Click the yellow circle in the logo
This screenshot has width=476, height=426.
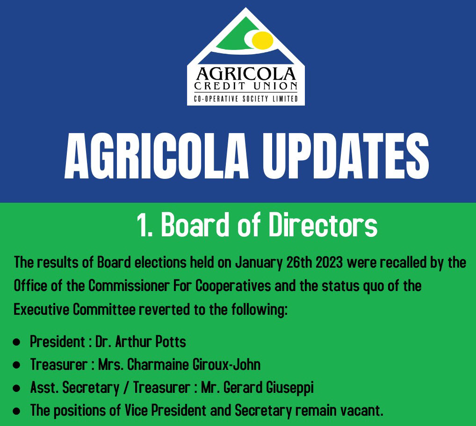coord(263,40)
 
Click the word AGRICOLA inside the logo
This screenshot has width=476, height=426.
coord(245,74)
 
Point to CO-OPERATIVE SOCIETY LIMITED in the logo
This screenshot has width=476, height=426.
coord(246,99)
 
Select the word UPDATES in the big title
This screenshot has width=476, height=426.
coord(346,156)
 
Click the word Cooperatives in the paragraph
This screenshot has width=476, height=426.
coord(233,286)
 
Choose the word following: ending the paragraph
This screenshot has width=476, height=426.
coord(259,310)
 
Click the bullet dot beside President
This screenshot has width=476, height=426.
coord(17,342)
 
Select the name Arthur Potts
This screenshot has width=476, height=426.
coord(151,342)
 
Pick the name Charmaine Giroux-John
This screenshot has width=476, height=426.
coord(194,364)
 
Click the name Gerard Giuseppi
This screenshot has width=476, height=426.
coord(268,388)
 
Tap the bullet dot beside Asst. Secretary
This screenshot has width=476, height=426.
coord(17,389)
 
